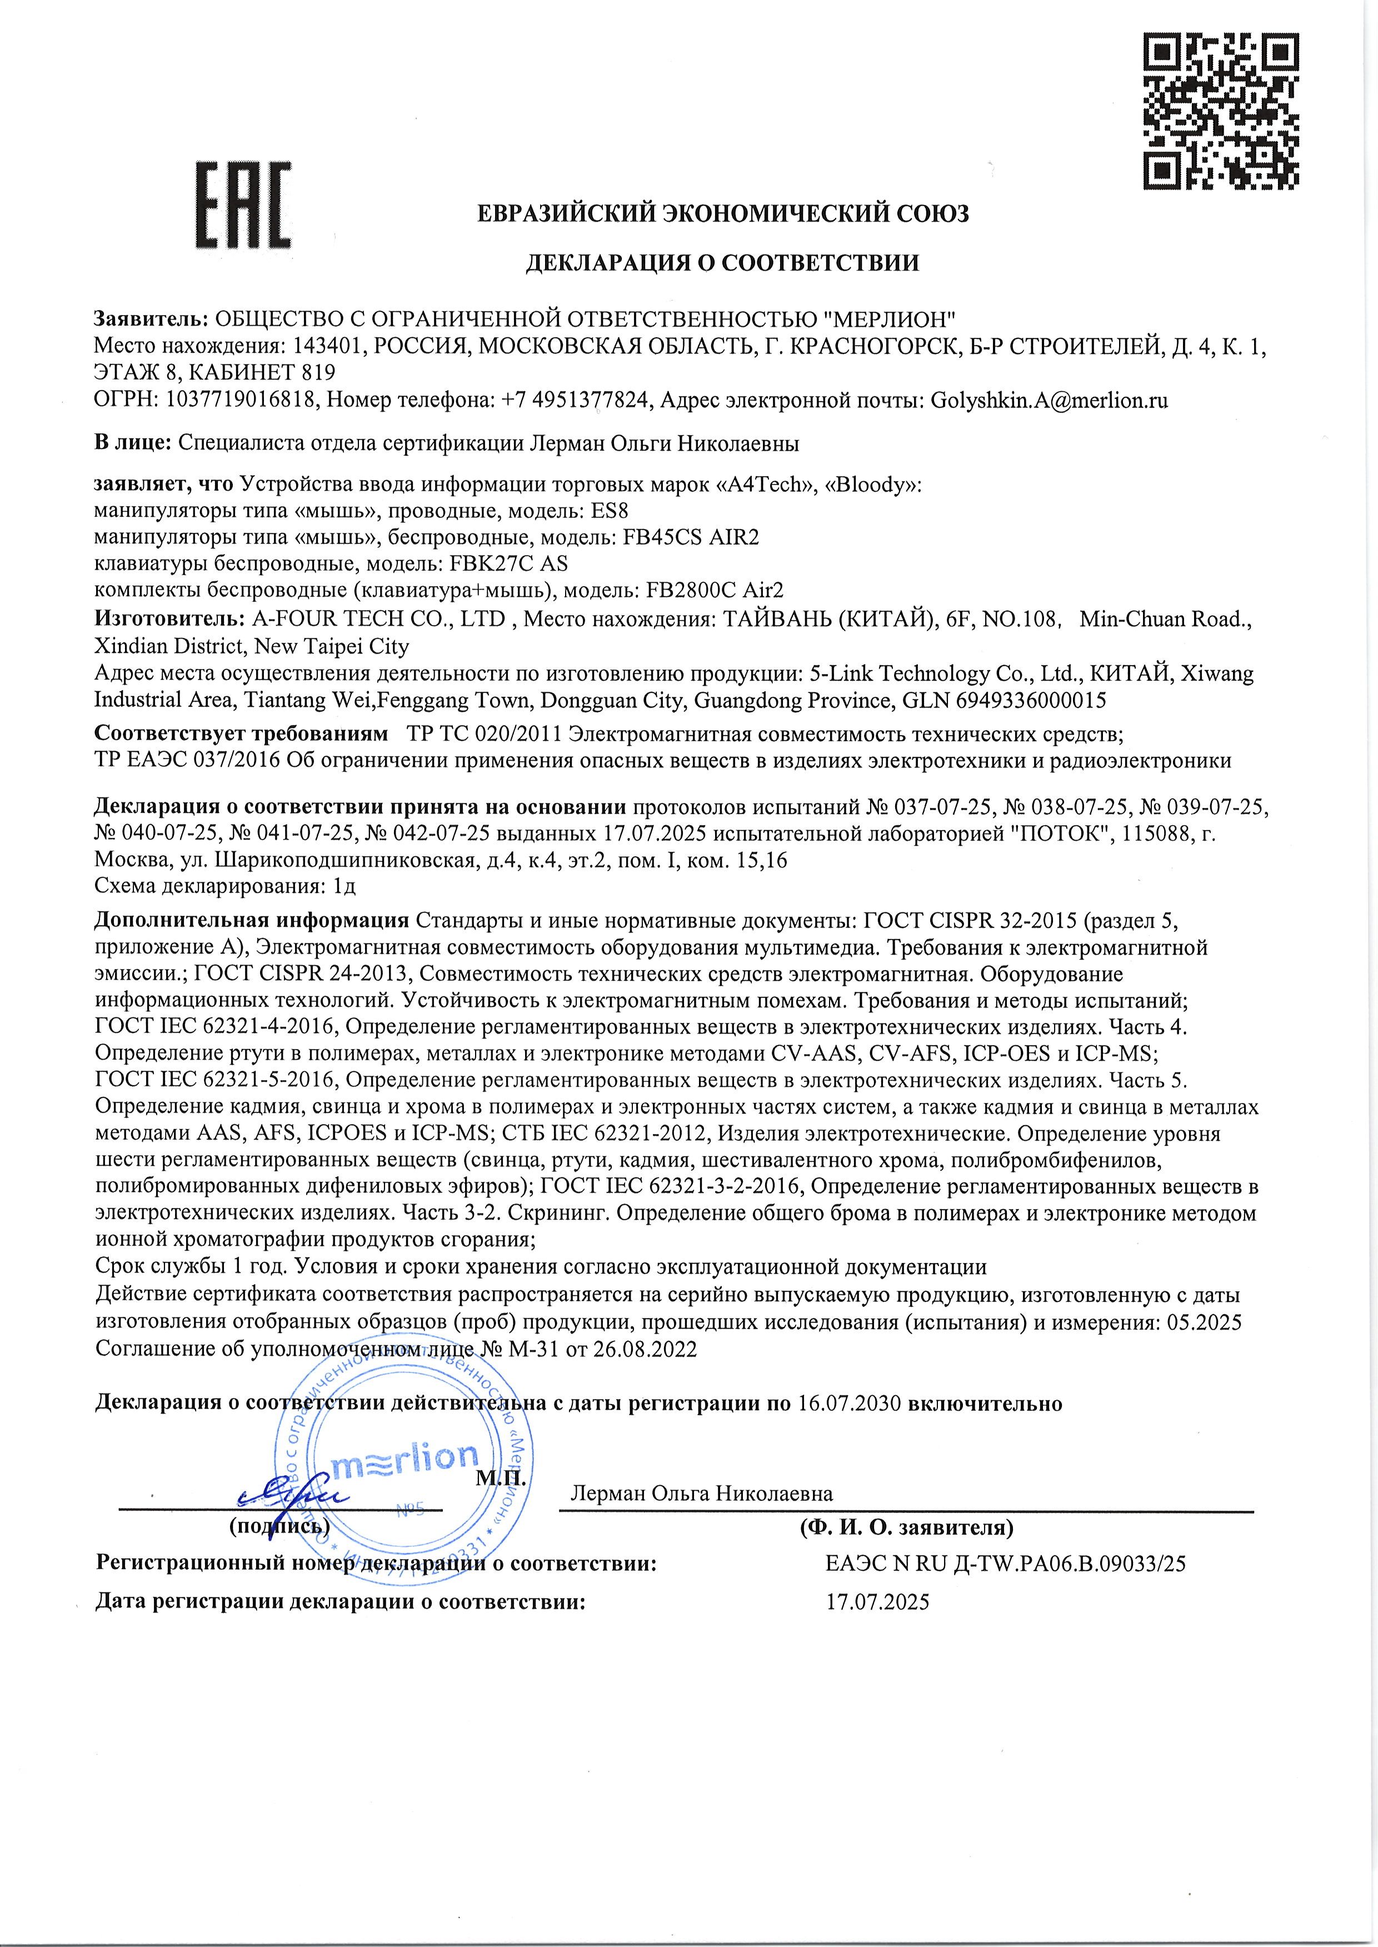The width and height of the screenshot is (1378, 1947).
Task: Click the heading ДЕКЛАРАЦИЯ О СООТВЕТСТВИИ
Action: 722,263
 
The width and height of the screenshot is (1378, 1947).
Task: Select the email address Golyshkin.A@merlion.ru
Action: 1050,401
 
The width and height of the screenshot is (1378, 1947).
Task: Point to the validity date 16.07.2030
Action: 850,1403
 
